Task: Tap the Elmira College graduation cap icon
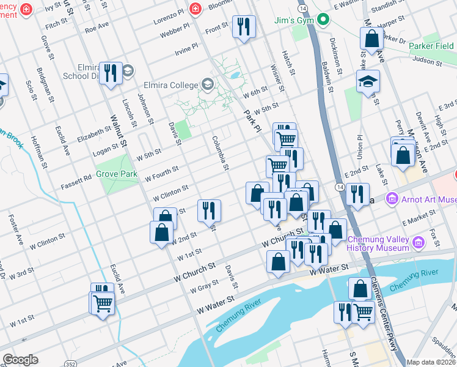207,85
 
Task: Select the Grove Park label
116,174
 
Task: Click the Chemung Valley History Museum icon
419,242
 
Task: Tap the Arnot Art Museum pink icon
392,199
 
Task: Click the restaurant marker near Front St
244,27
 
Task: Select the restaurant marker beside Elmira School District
111,73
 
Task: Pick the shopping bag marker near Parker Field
371,39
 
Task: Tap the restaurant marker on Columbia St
209,210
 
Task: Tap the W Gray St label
204,287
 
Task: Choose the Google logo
20,360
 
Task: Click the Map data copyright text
431,362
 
